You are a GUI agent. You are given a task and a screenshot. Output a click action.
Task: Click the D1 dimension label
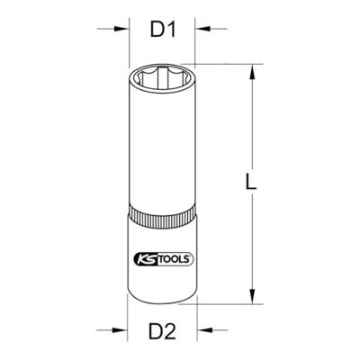[163, 30]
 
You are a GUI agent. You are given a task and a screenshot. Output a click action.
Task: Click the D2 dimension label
[162, 330]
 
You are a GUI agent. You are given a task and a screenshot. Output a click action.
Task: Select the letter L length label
[251, 182]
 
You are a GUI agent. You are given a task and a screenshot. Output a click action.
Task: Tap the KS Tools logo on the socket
[162, 258]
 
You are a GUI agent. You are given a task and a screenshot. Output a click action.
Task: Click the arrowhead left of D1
[121, 29]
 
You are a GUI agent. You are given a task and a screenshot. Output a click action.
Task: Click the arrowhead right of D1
[202, 29]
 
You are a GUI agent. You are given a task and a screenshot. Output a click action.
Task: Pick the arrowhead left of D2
[120, 330]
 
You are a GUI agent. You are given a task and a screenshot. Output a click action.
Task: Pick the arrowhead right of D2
[204, 330]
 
